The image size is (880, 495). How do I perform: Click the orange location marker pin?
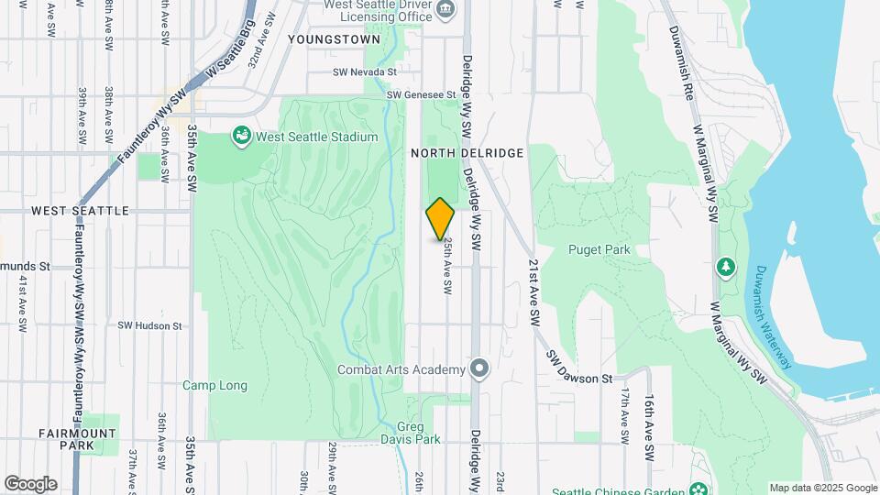pos(441,219)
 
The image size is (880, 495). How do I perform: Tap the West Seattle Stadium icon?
pos(242,137)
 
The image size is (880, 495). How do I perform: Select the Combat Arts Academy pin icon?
pos(478,369)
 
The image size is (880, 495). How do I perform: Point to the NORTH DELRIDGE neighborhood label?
pos(467,153)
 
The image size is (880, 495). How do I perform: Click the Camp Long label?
pos(214,386)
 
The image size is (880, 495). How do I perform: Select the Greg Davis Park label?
pos(411,433)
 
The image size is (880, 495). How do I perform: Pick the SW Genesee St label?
pos(421,94)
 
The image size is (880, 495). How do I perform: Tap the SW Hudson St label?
pos(150,325)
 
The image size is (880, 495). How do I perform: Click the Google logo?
pos(30,484)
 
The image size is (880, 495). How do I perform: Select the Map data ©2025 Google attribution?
pos(822,488)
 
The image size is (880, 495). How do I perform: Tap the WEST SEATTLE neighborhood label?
pos(80,211)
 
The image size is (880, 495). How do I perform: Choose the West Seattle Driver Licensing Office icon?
pos(445,11)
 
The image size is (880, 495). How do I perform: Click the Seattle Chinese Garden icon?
pos(700,487)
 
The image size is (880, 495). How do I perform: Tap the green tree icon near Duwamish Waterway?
pos(726,267)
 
